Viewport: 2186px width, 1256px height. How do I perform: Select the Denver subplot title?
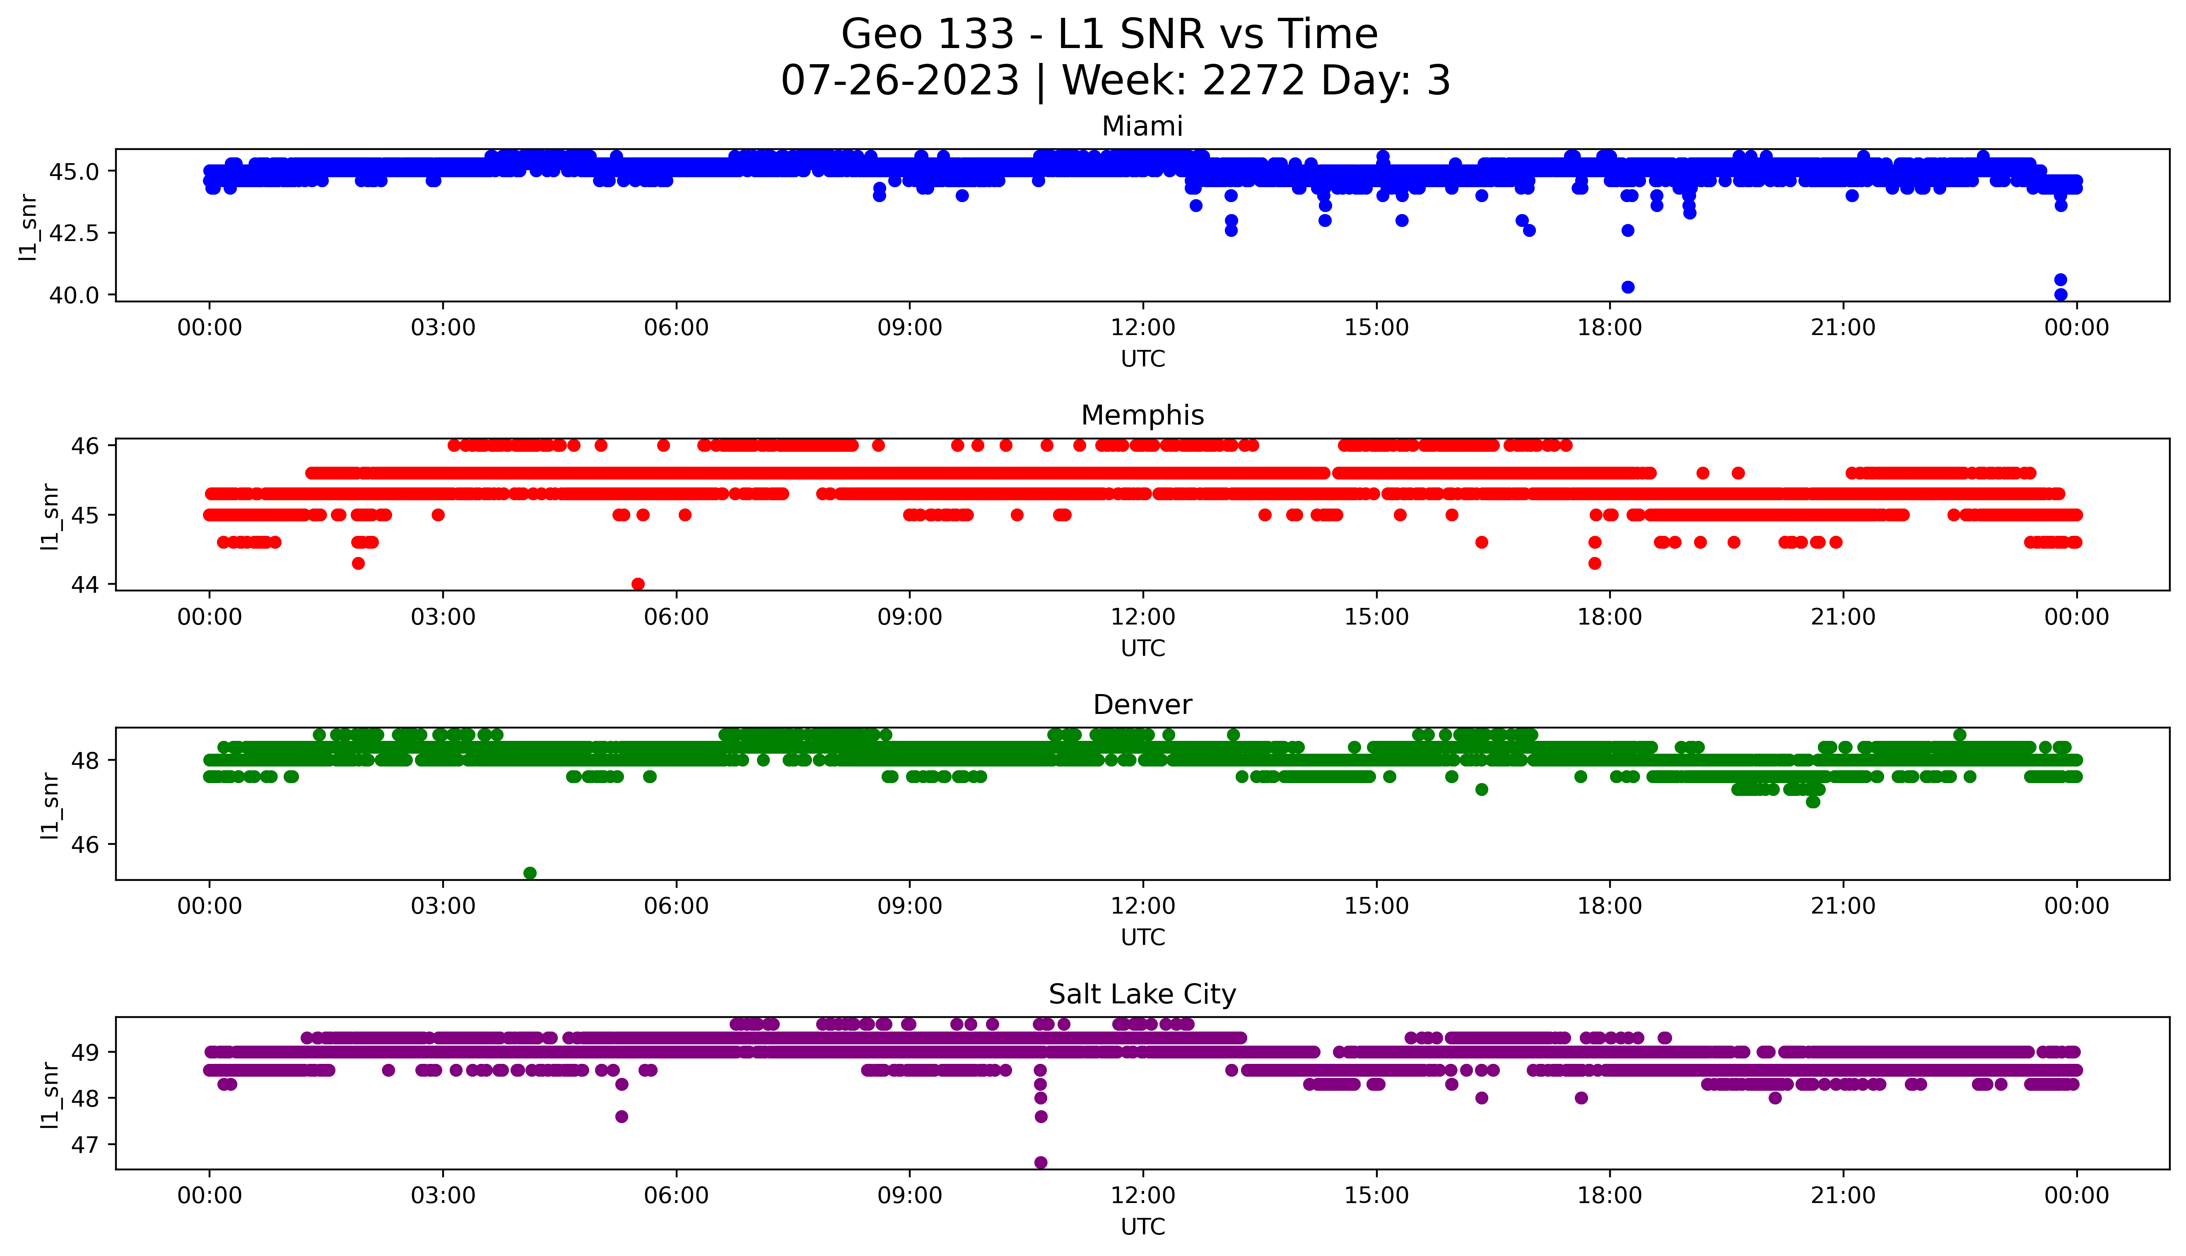(x=1142, y=705)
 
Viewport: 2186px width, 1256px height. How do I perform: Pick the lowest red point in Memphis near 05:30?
(x=638, y=584)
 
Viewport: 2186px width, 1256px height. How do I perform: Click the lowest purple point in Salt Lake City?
(x=1041, y=1162)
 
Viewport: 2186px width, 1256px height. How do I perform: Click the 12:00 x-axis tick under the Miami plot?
(x=1142, y=328)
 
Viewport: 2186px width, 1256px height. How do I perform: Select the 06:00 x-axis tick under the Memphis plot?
(x=676, y=617)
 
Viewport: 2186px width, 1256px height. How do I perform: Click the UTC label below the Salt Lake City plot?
(x=1142, y=1226)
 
